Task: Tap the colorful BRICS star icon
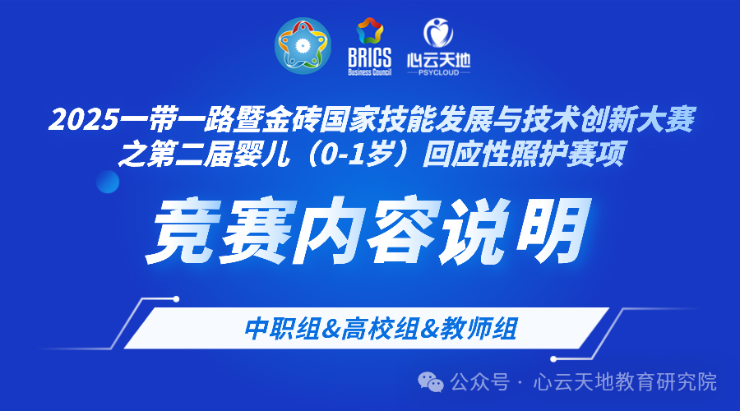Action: click(x=370, y=34)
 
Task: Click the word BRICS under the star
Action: click(x=370, y=60)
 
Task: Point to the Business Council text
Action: click(x=370, y=72)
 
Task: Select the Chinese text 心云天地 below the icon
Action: click(x=438, y=60)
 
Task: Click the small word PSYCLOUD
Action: click(x=438, y=72)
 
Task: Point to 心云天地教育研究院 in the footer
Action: click(x=625, y=382)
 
